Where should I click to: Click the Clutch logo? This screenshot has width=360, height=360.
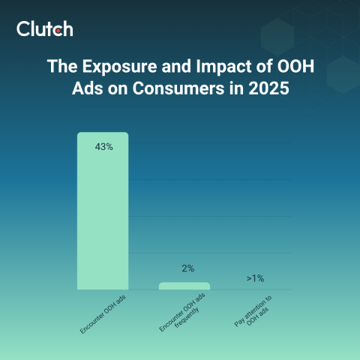tap(45, 29)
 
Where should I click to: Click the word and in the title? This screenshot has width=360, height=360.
tap(169, 66)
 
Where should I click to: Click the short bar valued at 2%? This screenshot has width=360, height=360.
tap(184, 286)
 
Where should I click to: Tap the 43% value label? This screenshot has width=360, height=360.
tap(103, 147)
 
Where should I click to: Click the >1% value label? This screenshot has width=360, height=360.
tap(255, 279)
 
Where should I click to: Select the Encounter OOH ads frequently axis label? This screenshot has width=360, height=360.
tap(180, 315)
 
